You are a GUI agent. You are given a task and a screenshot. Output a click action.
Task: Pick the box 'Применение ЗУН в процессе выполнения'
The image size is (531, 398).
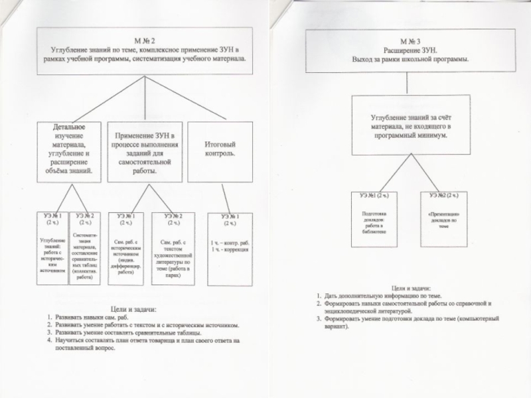[145, 150]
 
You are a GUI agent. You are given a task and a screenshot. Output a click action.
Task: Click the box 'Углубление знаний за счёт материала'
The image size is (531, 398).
[411, 125]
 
